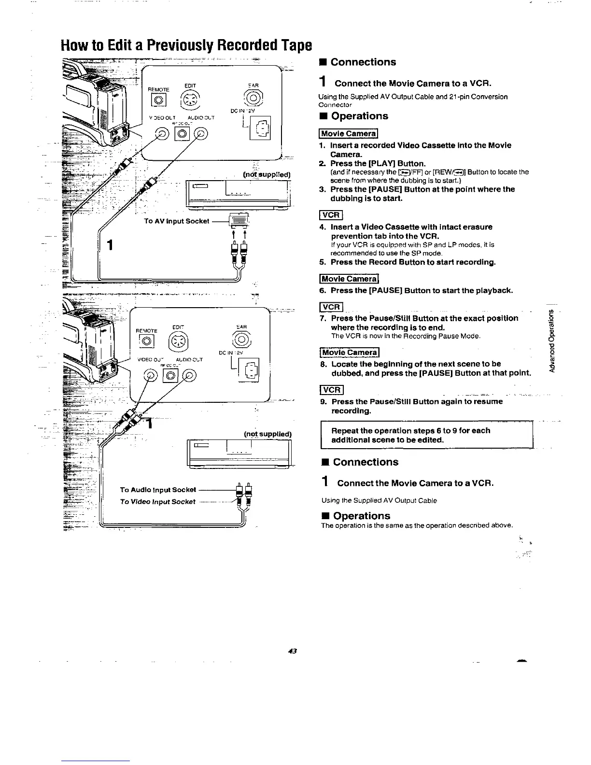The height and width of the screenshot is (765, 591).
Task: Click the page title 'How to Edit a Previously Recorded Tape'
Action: (186, 45)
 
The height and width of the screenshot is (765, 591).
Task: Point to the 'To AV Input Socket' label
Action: (177, 221)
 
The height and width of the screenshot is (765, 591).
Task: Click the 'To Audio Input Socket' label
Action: (158, 490)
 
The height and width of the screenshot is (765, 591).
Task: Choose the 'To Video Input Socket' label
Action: (158, 502)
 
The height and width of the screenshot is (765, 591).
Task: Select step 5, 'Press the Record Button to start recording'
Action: (413, 262)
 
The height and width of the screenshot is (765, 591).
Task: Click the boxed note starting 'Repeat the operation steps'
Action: (427, 435)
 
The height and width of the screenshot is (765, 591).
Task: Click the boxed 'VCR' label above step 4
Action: (331, 215)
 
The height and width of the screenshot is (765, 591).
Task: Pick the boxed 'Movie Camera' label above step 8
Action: (350, 353)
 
